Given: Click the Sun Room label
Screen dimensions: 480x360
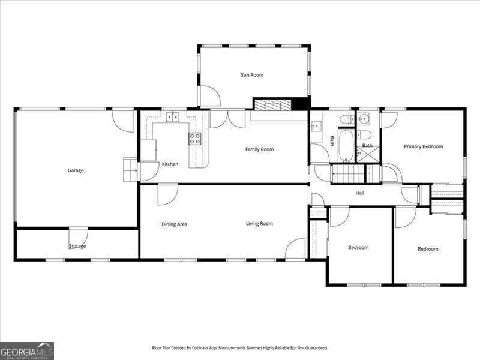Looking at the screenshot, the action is coord(252,75).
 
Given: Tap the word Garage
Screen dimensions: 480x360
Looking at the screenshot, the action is coord(76,170).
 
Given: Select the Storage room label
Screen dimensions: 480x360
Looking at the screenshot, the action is coord(77,246).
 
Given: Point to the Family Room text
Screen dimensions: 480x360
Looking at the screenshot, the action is coord(260,149).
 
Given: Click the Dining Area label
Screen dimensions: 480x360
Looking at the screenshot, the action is coord(174,224).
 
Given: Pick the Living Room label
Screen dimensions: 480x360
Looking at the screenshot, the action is coord(259,224).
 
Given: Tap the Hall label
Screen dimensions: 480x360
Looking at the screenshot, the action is coord(359,193).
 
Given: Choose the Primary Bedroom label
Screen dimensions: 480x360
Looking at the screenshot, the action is coord(424,146).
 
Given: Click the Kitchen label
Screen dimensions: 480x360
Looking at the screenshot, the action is coord(170,164).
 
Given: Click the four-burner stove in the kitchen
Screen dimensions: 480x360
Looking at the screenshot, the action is coord(195,139).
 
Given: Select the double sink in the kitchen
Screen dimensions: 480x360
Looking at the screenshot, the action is coord(173,117).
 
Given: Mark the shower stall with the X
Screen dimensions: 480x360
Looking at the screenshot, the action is coord(368,154).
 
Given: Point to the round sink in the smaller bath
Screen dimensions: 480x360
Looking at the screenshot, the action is coord(364,118).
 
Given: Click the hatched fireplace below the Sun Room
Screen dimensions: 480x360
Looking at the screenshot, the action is coord(273,104).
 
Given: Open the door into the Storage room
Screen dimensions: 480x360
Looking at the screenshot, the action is coord(79,238).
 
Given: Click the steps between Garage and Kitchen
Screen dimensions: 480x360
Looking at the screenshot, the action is coord(130,170).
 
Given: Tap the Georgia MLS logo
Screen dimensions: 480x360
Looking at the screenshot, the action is coord(27,351).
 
